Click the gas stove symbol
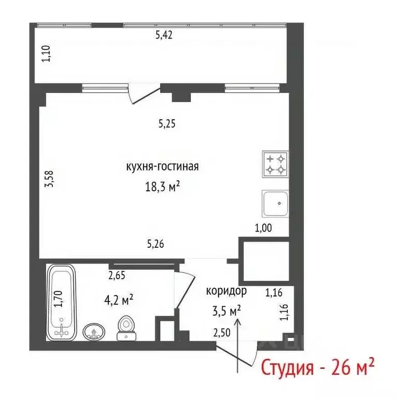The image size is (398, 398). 275,164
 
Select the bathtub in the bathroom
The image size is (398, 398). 62,302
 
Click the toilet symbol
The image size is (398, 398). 125,329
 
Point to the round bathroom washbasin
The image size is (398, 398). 94,331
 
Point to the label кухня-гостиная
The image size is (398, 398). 162,167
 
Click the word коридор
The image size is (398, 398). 226,291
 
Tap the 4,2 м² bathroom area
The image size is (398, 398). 118,299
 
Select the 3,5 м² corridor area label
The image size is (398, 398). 226,311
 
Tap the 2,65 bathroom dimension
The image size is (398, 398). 118,276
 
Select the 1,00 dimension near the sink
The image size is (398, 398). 263,227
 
